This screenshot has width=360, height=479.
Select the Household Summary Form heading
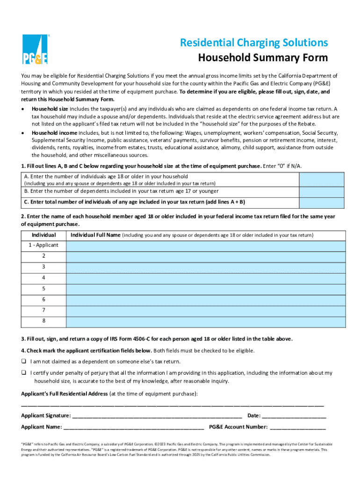coord(263,58)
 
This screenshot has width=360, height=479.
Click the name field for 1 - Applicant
coord(206,246)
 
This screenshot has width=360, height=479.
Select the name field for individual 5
coord(206,289)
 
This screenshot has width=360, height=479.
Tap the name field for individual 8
coord(206,321)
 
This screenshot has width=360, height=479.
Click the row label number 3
coord(43,267)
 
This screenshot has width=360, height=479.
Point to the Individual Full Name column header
coord(95,235)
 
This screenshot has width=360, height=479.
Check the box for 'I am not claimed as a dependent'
coord(23,362)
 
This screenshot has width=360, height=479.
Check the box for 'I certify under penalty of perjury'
coord(23,373)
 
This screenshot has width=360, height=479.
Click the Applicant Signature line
coord(157,416)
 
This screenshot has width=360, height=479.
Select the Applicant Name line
coord(134,427)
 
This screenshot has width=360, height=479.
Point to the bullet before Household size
coord(23,109)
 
